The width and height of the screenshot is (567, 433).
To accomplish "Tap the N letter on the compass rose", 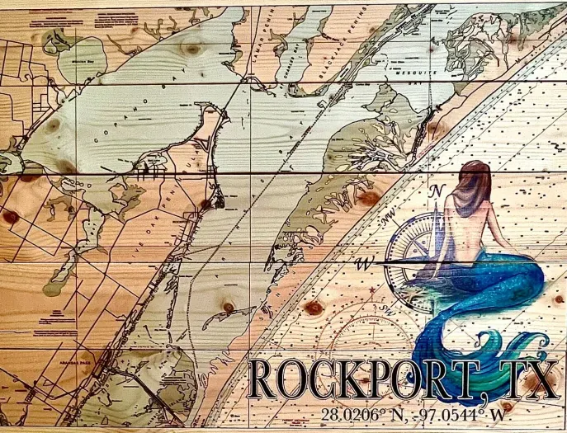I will coord(438,191).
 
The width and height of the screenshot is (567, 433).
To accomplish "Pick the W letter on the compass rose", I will coord(363,265).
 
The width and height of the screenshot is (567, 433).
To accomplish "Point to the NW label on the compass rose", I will coord(388,220).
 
